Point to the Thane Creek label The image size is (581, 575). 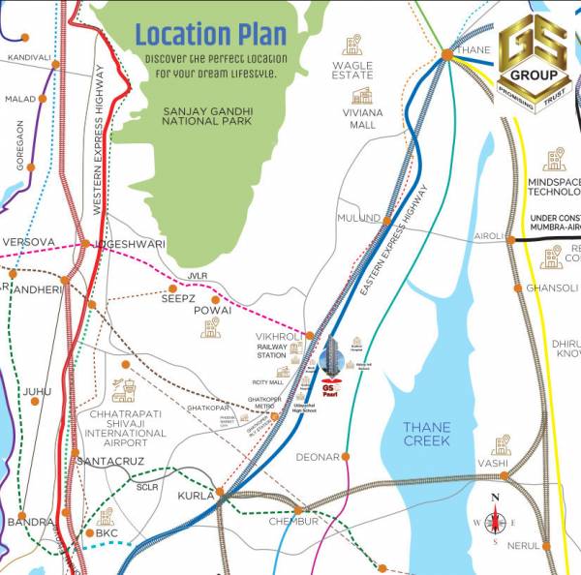(427, 433)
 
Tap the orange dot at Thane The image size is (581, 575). (446, 55)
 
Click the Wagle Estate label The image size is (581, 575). (352, 69)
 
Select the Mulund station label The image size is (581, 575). (358, 218)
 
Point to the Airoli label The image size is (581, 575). (489, 236)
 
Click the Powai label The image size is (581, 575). (211, 311)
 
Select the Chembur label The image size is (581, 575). (295, 522)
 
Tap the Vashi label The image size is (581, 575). (492, 464)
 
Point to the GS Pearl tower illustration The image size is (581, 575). (331, 358)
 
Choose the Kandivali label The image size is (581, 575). (28, 58)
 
